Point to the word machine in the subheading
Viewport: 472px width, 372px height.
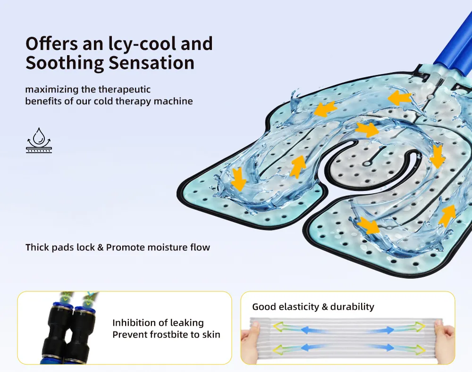(x=176, y=101)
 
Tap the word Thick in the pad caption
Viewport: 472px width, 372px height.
(x=37, y=247)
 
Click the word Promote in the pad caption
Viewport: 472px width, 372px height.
(x=127, y=247)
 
